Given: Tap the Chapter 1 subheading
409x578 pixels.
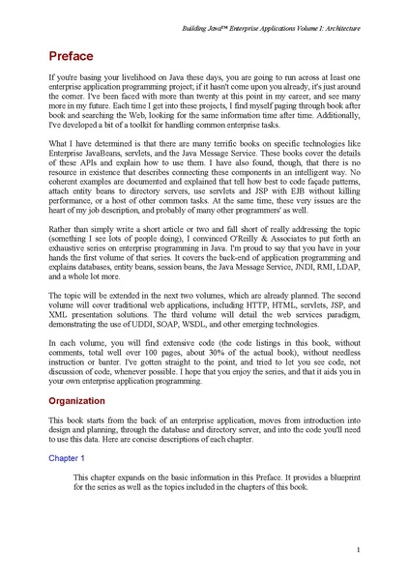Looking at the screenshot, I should coord(69,455).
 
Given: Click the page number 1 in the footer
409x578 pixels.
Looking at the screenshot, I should coord(358,550).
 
